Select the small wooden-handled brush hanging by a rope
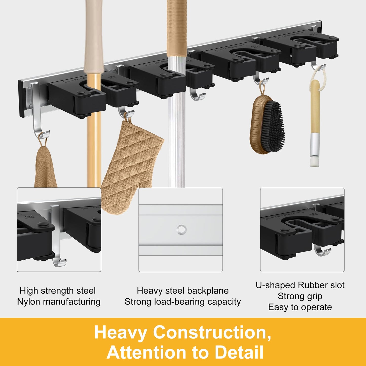[316, 118]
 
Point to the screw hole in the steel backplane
[181, 230]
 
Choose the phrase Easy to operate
[300, 307]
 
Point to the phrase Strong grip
[300, 296]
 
